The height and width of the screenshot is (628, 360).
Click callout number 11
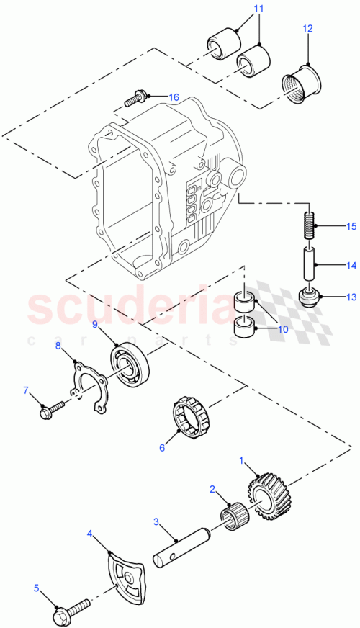[238, 9]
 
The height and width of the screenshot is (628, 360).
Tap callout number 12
[307, 29]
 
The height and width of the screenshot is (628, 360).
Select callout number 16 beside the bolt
[174, 97]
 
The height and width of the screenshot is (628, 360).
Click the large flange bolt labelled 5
[68, 614]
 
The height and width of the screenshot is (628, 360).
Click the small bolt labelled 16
[139, 95]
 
